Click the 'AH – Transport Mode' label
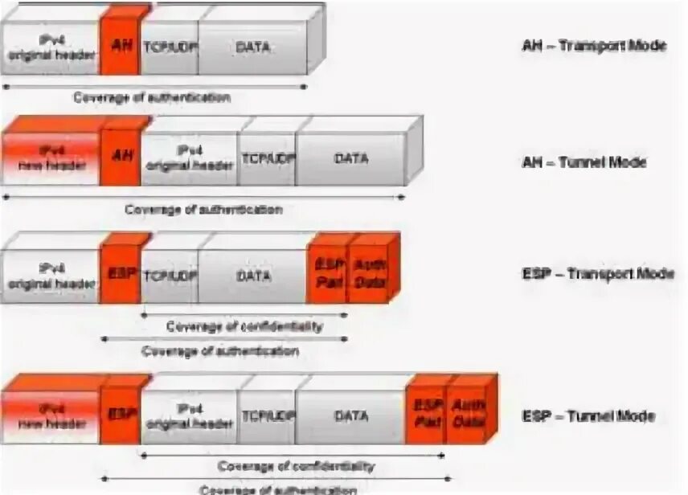coord(593,46)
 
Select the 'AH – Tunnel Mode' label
coord(584,162)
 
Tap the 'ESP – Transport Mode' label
coord(598,274)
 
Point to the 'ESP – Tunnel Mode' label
coord(588,416)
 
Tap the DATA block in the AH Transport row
coord(252,47)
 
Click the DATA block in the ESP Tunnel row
coord(350,416)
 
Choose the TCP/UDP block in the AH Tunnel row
coord(267,158)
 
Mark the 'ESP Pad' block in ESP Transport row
coord(326,274)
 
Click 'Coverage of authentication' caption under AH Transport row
coord(152,98)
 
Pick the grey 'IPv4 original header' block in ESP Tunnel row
coord(190,416)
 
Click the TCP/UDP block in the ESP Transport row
coord(170,274)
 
